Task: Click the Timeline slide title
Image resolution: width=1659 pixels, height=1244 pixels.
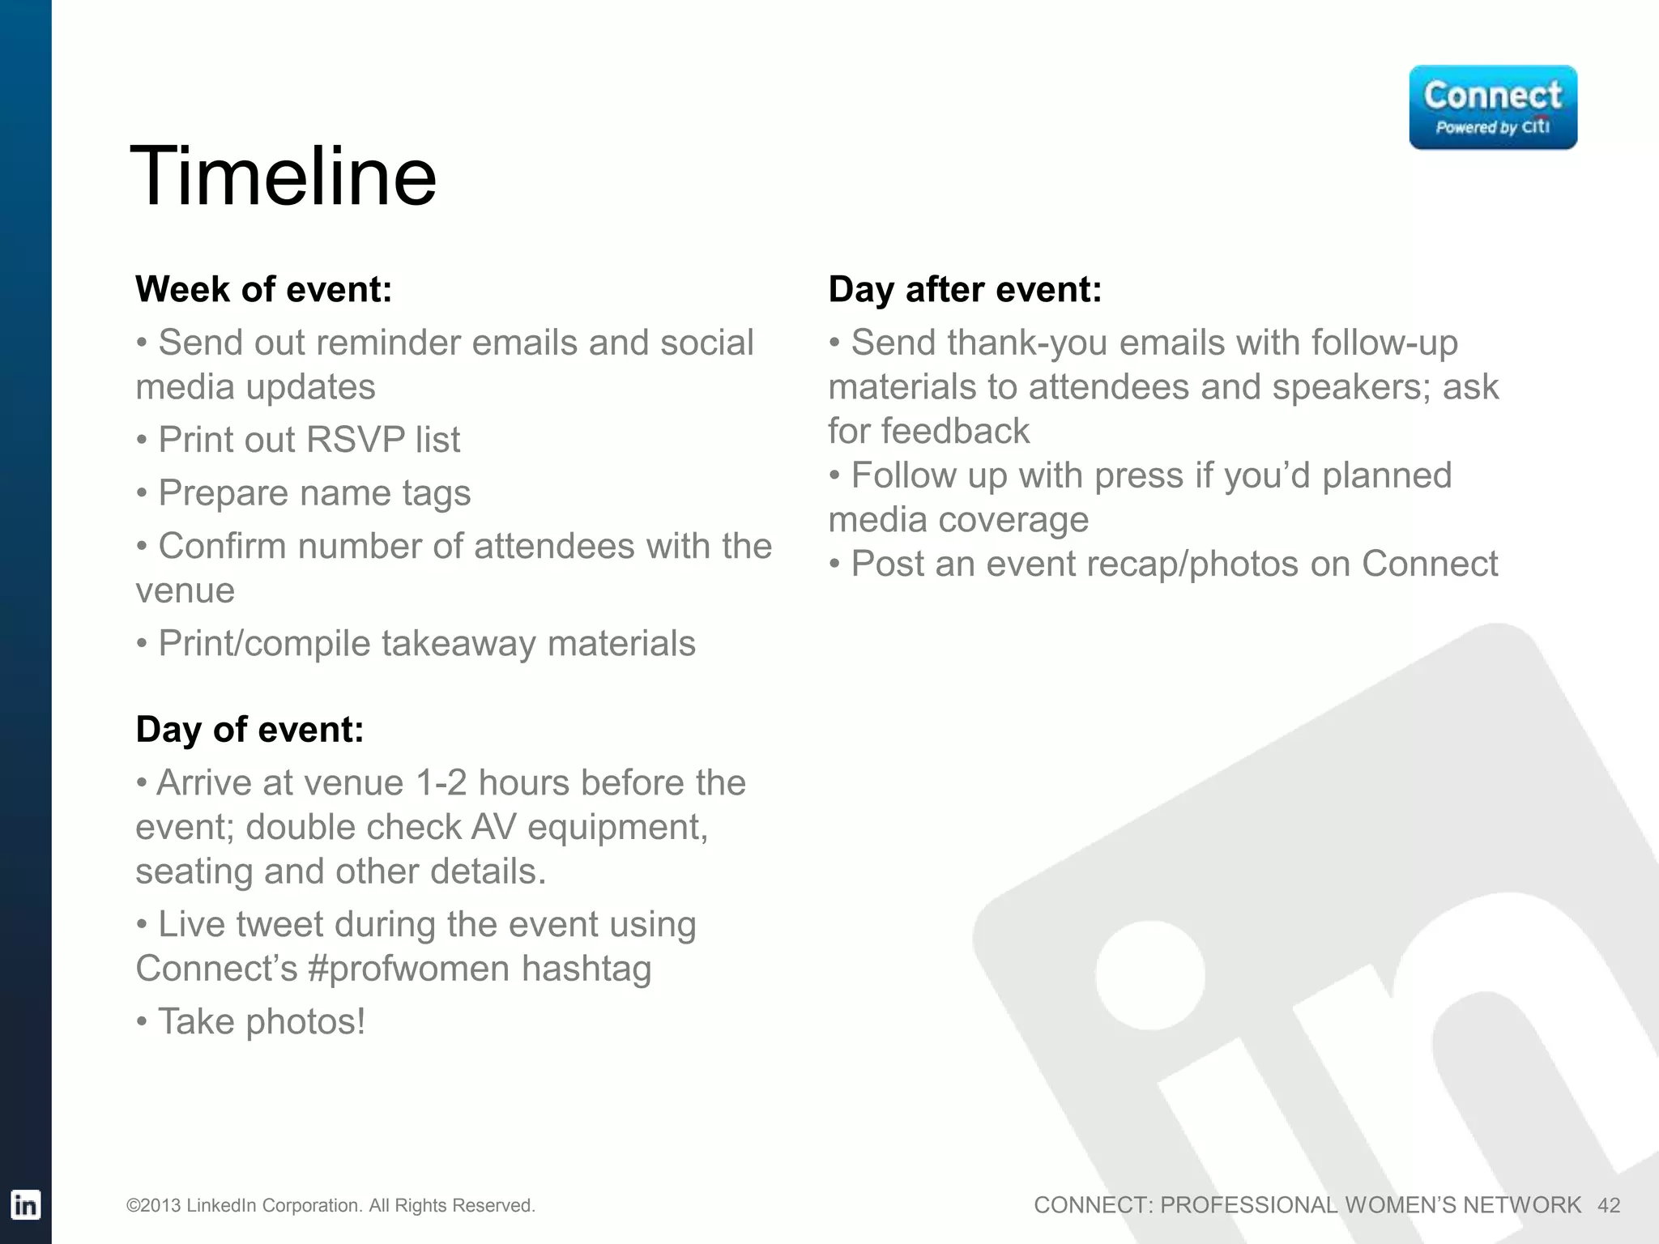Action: tap(283, 177)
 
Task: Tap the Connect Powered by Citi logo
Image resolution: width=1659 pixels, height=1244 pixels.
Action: tap(1492, 108)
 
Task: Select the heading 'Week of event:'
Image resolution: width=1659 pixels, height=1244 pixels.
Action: tap(263, 290)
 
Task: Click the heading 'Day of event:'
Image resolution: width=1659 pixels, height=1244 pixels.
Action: tap(249, 730)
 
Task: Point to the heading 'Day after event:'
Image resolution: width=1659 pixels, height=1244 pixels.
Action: tap(964, 290)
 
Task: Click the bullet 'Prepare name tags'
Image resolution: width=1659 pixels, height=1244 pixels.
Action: tap(314, 493)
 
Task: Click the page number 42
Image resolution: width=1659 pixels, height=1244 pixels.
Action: tap(1608, 1206)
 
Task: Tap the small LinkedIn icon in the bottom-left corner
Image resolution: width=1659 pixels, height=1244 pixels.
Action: tap(25, 1205)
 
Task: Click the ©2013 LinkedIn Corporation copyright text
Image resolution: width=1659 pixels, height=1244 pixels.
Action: tap(331, 1206)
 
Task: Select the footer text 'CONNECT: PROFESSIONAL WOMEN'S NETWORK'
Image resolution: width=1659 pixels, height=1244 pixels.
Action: tap(1307, 1206)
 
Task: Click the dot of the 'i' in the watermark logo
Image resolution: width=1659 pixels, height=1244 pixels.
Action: tap(1149, 975)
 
